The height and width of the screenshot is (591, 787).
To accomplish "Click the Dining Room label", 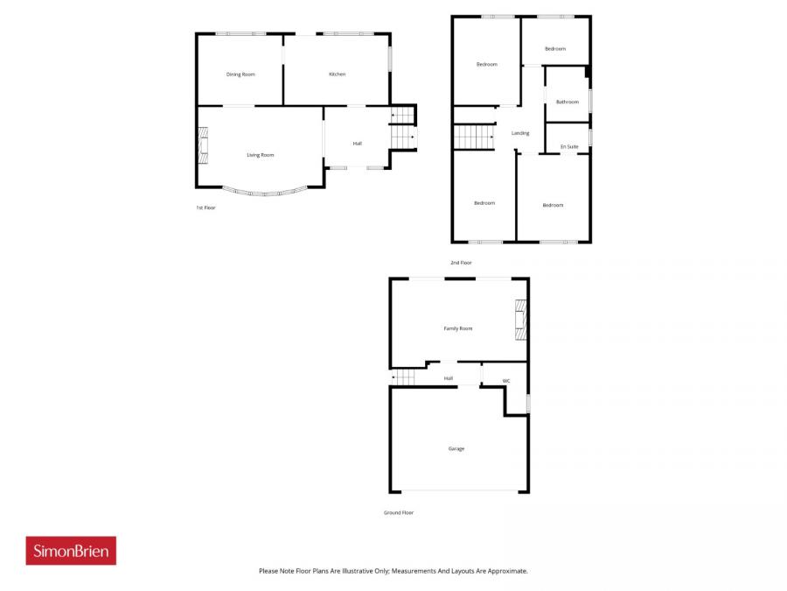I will click(240, 74).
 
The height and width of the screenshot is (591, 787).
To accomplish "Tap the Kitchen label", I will click(337, 74).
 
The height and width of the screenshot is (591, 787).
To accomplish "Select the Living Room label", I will click(260, 155).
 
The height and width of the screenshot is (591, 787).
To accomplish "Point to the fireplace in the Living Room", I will click(203, 145).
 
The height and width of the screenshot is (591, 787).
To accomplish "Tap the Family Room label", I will click(458, 328).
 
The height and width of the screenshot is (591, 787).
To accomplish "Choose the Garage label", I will click(456, 448).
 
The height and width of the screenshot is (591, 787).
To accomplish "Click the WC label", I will click(505, 381).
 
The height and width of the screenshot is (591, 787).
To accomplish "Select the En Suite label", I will click(569, 146).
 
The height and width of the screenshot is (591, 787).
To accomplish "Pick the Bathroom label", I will click(567, 102).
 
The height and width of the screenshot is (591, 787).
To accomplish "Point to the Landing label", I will click(520, 133).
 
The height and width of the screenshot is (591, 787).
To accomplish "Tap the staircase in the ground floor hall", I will click(405, 377).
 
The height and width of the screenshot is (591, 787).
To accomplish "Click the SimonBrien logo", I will click(71, 551).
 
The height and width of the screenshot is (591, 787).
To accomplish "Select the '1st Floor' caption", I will click(205, 208).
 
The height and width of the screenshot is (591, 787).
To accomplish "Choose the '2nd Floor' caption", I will click(461, 263).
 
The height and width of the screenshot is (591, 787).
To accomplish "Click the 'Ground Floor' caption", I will click(399, 512).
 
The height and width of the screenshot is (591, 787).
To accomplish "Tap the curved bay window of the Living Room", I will click(263, 192).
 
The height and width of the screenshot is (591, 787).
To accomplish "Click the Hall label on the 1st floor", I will click(357, 143).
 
